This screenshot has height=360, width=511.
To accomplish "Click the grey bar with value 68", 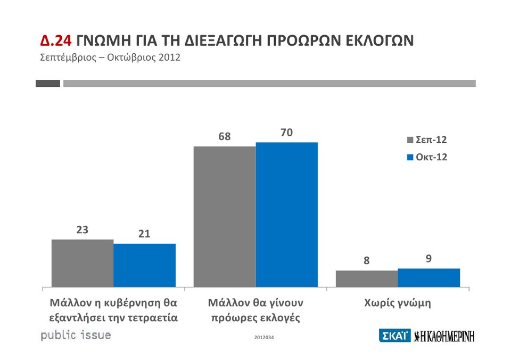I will pos(225,216).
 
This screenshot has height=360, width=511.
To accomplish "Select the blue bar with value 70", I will pos(287,214).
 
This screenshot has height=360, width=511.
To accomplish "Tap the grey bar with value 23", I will pos(83,263).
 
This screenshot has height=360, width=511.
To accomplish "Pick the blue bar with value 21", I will pos(145,265).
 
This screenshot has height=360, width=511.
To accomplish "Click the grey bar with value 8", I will pos(367,279).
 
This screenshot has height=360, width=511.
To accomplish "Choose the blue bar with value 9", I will pos(429,277).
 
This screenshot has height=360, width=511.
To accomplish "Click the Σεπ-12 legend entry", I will pos(427,140).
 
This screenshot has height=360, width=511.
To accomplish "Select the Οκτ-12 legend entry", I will pos(427,157).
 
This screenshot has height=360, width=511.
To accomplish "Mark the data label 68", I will pos(225,137).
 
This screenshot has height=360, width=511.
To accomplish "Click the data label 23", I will pos(83,230).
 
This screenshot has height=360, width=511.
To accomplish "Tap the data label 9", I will pos(428,259).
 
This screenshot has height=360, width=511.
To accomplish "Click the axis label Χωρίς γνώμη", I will pos(398,304).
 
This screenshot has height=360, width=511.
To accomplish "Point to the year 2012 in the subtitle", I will pos(169,57).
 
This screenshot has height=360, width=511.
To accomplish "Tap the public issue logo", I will pos(76,336).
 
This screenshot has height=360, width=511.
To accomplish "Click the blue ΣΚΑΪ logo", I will pos(394,336).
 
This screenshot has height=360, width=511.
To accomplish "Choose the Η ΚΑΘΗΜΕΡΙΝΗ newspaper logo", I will pos(444,336).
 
